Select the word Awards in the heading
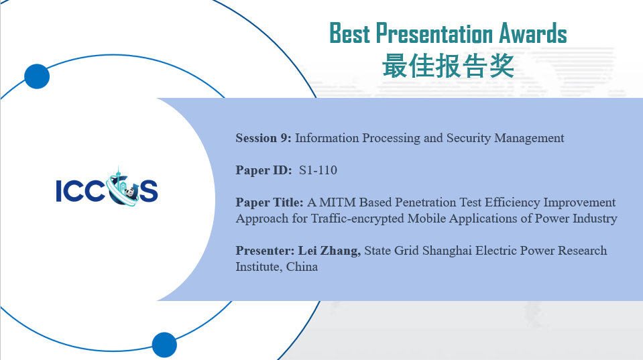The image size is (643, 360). (532, 34)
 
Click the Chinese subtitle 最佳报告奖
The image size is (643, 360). (448, 66)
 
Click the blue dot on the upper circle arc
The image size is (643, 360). (37, 76)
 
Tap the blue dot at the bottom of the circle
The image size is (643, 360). (164, 345)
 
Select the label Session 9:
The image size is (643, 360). (264, 138)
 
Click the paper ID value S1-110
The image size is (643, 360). (318, 170)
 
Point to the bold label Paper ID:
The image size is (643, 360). (264, 170)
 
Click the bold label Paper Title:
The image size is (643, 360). (270, 202)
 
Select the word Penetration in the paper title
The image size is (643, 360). (425, 202)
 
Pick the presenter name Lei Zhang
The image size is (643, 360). (329, 251)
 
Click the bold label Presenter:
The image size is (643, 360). (265, 251)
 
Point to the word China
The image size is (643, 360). (302, 267)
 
